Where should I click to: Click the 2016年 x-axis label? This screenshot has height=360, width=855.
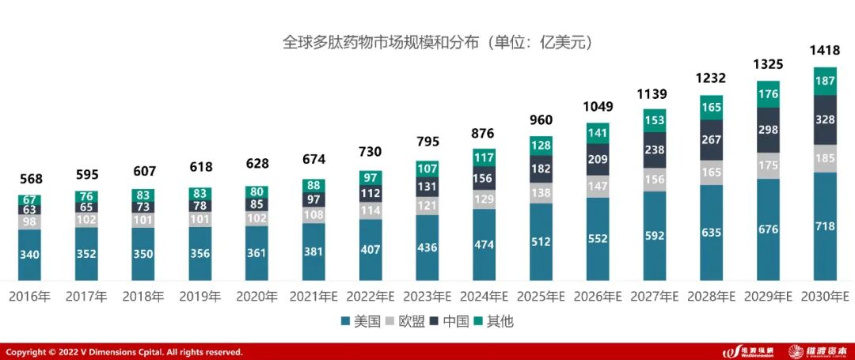(x=29, y=297)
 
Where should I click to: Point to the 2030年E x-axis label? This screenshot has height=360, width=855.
(x=824, y=297)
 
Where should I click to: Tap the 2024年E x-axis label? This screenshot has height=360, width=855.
(x=484, y=297)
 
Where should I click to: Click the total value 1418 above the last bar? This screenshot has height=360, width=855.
(x=825, y=51)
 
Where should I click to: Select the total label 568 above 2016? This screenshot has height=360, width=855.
(x=30, y=179)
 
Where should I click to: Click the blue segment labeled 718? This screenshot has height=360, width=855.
(x=825, y=226)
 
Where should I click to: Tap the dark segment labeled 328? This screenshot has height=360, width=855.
(x=825, y=120)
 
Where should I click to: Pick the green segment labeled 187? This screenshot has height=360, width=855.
(x=825, y=81)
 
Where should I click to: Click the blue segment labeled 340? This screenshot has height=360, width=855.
(x=30, y=255)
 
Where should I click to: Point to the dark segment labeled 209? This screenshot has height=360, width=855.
(x=598, y=159)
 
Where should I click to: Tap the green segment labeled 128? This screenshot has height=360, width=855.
(x=541, y=146)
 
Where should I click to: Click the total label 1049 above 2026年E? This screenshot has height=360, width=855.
(x=598, y=107)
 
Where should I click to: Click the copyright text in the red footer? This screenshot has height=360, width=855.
(x=124, y=352)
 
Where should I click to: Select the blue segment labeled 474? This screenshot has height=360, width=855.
(x=484, y=244)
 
